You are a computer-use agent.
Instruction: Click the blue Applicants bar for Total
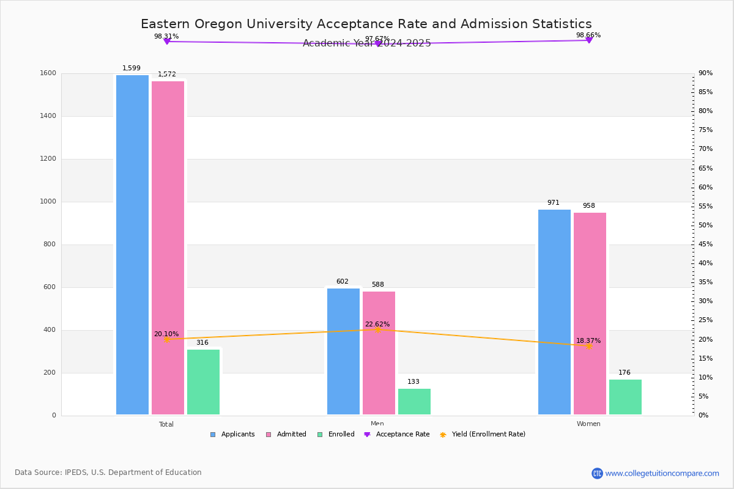pyautogui.click(x=132, y=244)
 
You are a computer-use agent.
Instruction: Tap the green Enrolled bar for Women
pyautogui.click(x=625, y=397)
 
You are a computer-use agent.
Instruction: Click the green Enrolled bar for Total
pyautogui.click(x=203, y=382)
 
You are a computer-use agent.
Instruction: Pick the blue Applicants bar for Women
pyautogui.click(x=554, y=312)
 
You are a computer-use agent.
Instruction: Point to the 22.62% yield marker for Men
pyautogui.click(x=377, y=329)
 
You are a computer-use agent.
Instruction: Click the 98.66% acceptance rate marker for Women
pyautogui.click(x=588, y=40)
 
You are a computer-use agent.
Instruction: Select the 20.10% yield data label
pyautogui.click(x=166, y=334)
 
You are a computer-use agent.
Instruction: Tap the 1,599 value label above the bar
pyautogui.click(x=132, y=68)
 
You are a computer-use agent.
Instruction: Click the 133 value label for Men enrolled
pyautogui.click(x=413, y=382)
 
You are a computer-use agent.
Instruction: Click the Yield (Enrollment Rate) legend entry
pyautogui.click(x=488, y=435)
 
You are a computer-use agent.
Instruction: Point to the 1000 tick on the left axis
pyautogui.click(x=48, y=202)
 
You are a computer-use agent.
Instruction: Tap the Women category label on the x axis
pyautogui.click(x=588, y=424)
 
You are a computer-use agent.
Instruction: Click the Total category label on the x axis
pyautogui.click(x=166, y=424)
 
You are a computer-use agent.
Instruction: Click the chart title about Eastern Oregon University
pyautogui.click(x=366, y=24)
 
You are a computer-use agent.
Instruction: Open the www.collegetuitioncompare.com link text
pyautogui.click(x=662, y=473)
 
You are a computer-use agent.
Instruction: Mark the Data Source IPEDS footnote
pyautogui.click(x=108, y=472)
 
